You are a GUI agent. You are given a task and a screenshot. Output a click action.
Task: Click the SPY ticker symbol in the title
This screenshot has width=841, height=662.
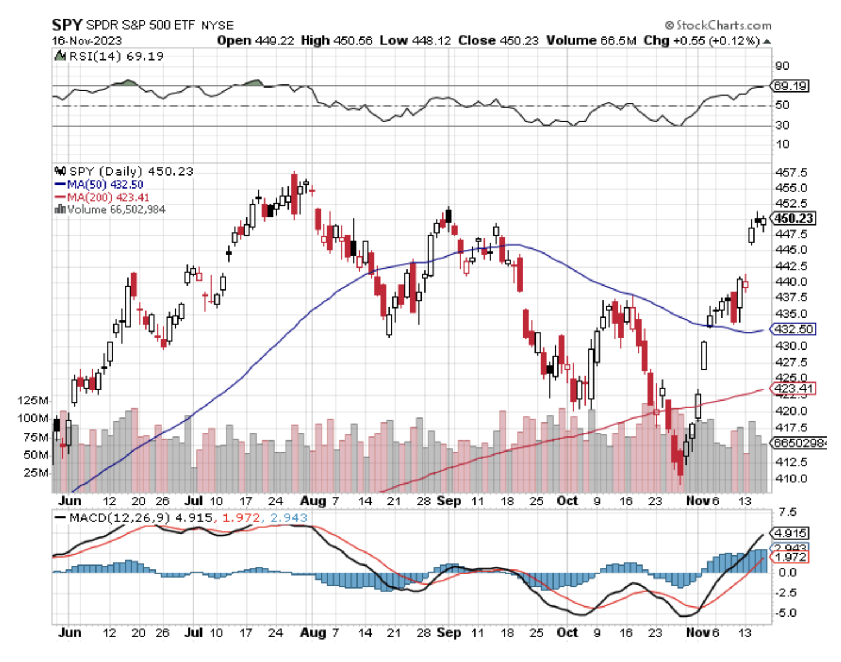(67, 25)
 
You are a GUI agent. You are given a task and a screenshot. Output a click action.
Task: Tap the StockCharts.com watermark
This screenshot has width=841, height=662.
(719, 25)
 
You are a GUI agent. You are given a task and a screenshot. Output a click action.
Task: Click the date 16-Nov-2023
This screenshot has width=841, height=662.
(87, 41)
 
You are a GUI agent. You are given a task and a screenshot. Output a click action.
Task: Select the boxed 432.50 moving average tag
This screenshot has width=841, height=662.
(793, 329)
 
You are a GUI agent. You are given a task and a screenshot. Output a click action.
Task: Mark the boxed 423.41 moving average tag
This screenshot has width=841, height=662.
(793, 388)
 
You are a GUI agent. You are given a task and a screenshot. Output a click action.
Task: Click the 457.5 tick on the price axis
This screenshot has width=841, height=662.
(790, 173)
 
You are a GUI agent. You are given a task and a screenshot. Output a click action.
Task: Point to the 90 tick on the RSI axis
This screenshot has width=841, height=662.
(782, 66)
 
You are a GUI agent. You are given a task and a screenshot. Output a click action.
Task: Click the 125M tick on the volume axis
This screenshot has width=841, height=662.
(33, 401)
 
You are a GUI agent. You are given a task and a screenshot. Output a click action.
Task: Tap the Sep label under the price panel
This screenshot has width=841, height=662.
(449, 501)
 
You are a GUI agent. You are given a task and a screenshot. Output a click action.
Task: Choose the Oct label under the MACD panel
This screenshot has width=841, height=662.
(567, 633)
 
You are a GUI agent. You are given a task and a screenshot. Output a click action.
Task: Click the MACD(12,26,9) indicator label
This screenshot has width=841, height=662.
(120, 517)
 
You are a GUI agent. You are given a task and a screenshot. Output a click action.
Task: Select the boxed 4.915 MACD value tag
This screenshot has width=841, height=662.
(790, 533)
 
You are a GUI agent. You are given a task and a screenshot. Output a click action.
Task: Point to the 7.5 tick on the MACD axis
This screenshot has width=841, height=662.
(788, 512)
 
